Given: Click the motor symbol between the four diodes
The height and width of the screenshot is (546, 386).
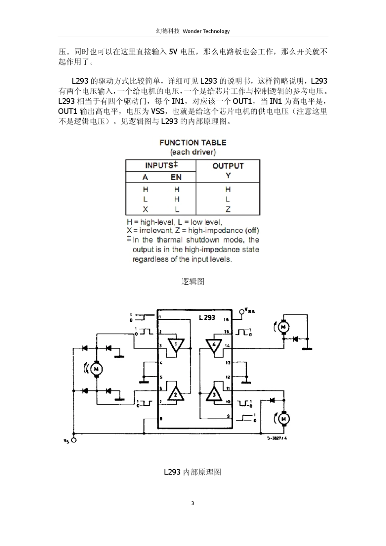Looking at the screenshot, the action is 96,369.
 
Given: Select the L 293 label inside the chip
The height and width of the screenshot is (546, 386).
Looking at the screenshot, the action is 207,318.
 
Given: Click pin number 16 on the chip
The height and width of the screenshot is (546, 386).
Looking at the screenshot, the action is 226,319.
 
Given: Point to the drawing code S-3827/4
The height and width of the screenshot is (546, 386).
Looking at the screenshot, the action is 277,438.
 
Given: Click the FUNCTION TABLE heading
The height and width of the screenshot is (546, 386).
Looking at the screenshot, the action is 193,143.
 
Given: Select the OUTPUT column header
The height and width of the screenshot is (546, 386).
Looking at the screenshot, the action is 228,166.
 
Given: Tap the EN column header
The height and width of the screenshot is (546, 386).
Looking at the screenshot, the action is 176,177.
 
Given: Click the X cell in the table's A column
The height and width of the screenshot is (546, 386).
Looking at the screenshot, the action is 145,209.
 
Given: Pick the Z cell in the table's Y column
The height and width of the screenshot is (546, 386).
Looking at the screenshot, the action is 228,210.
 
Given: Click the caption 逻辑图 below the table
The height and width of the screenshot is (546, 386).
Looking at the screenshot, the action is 193,282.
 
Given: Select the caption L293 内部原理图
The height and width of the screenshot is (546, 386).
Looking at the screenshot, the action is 193,472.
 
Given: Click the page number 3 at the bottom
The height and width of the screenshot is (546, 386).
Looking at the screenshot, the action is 193,503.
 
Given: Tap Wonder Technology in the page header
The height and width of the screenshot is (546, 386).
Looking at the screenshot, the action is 206,31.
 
